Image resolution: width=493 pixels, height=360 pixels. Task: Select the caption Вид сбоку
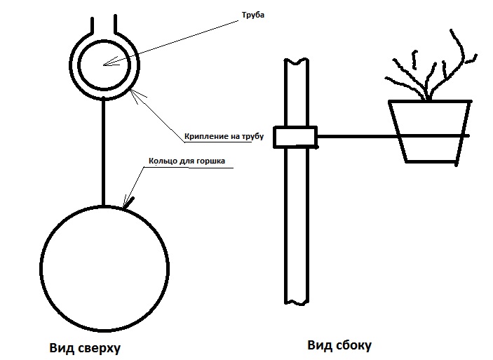tap(339, 345)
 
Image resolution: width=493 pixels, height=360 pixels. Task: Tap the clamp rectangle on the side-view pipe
tap(295, 137)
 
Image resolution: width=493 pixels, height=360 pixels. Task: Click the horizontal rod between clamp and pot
tap(351, 135)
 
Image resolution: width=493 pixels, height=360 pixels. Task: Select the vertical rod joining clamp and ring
tap(104, 151)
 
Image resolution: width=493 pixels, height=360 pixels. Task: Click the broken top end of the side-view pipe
tap(295, 60)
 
